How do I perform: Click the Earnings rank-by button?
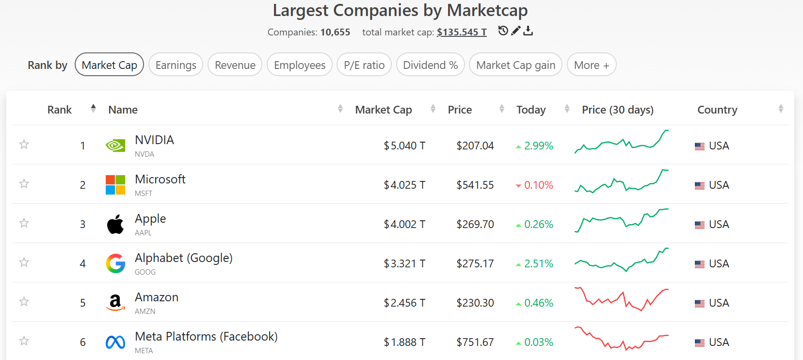coord(176,65)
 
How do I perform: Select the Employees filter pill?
coord(299,65)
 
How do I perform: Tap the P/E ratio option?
coord(364,65)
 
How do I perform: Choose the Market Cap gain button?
coord(515,65)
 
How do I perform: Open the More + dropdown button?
coord(591,65)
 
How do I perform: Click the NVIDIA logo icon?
coord(115,146)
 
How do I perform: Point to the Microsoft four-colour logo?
coord(115,185)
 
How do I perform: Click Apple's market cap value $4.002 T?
coord(404,224)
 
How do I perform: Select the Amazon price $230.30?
coord(475,303)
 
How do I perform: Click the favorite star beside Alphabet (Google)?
coord(24,262)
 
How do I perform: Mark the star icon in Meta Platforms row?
coord(24,341)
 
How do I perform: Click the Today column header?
coord(531,110)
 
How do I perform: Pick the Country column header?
coord(717,110)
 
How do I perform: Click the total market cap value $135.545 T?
coord(461,32)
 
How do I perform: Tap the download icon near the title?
coord(528,31)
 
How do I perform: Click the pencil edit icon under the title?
coord(516,31)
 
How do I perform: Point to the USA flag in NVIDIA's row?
coord(699,146)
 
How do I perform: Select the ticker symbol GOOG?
coord(145,272)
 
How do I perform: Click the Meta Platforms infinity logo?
coord(115,343)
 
